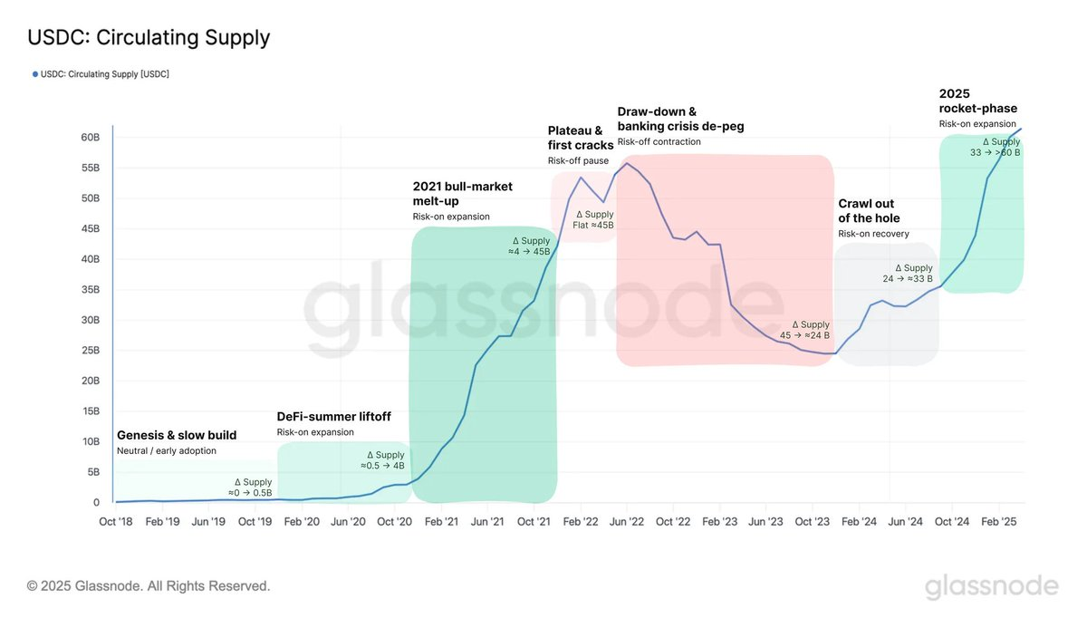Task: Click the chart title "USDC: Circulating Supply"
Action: coord(149,38)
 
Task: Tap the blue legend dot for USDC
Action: coord(35,74)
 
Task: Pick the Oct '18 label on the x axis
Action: coord(117,522)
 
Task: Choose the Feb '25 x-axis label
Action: coord(1001,522)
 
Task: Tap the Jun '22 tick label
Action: coord(627,522)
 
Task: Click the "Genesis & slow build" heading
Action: coord(177,436)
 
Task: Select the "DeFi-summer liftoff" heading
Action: coord(333,417)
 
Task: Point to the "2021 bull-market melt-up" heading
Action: coord(462,194)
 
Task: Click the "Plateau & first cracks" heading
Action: coord(581,138)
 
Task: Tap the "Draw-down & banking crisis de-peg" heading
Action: coord(680,119)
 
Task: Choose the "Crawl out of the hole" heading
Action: coord(869,211)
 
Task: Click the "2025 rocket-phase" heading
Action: coord(977,101)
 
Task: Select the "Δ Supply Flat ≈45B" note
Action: coord(593,219)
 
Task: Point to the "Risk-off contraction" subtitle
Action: coord(659,142)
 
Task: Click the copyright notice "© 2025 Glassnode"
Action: coord(149,586)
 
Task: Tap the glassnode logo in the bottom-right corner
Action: coord(991,586)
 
